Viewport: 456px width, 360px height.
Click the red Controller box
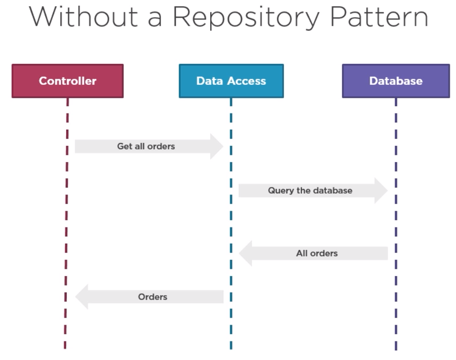(x=67, y=81)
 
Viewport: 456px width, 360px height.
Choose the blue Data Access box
(x=231, y=81)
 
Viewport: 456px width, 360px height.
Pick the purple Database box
(x=395, y=81)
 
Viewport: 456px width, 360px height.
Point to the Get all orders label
(x=146, y=146)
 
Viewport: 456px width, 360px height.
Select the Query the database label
(x=310, y=191)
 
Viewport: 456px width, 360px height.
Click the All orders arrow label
(x=316, y=253)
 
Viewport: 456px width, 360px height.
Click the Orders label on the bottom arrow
(x=152, y=297)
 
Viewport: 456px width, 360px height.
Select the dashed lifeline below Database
(x=396, y=219)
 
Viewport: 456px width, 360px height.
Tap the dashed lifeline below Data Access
(x=231, y=219)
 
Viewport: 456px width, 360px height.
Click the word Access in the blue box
(x=248, y=81)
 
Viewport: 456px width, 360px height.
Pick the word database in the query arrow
(x=333, y=191)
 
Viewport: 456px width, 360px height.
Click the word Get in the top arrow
(x=123, y=146)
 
